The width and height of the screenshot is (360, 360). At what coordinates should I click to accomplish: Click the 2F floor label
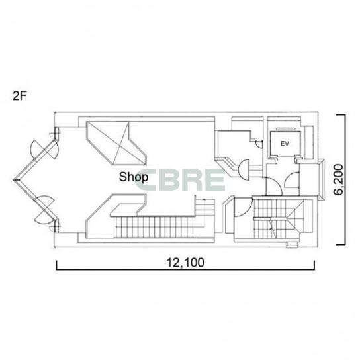(x=19, y=96)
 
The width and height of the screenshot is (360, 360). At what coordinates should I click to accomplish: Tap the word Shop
(x=134, y=177)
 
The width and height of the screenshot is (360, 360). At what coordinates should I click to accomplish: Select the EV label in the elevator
(x=285, y=144)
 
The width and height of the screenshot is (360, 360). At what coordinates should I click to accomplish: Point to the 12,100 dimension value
(x=185, y=263)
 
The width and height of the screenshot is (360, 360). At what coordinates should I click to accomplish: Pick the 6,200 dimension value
(x=338, y=179)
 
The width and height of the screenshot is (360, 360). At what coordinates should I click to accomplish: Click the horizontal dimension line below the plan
(x=185, y=269)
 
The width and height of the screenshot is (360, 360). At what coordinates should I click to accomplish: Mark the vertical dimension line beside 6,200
(x=344, y=180)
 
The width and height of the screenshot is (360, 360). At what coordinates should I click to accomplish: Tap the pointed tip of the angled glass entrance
(x=15, y=180)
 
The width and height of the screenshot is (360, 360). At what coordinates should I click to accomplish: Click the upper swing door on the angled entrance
(x=45, y=150)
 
